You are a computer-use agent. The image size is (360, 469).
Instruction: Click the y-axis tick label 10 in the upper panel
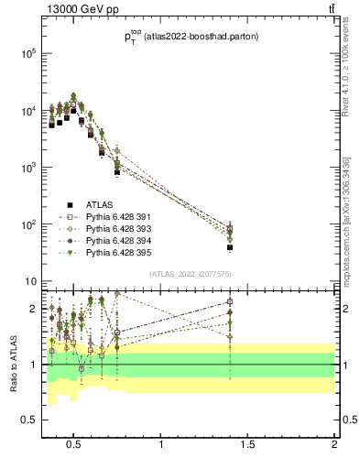coord(27,281)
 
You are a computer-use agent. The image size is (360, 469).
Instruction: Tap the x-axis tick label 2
coord(334,445)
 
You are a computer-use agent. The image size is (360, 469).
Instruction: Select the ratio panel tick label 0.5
coord(27,420)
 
